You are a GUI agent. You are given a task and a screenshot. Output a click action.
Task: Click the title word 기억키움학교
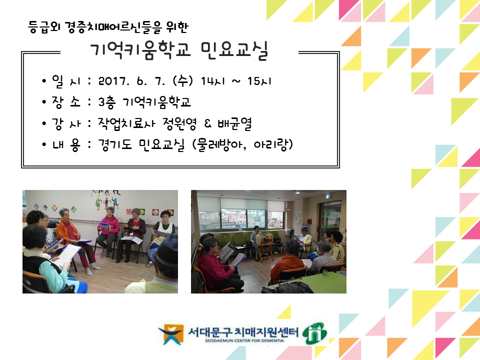click(140, 50)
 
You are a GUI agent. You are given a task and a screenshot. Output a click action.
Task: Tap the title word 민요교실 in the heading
click(234, 50)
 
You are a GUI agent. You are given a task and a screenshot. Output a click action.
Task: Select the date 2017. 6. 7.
click(131, 81)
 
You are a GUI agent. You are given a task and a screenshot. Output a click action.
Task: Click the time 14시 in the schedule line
click(213, 81)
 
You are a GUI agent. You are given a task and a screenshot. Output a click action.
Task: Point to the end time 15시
click(259, 81)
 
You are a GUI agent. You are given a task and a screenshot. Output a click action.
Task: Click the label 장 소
click(66, 102)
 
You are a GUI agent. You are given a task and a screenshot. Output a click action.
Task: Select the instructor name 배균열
click(234, 123)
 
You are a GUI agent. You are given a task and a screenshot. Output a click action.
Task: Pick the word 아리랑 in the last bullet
click(270, 144)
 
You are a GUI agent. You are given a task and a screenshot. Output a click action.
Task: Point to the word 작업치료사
click(126, 123)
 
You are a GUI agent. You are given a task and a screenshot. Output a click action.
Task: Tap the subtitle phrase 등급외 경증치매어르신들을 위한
click(108, 27)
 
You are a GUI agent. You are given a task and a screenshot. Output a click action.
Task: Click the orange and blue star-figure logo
click(170, 334)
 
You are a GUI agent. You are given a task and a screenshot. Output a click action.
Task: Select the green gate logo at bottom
click(314, 333)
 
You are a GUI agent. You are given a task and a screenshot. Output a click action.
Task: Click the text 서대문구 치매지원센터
click(243, 332)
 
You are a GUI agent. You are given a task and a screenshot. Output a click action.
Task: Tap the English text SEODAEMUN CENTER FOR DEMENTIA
click(244, 340)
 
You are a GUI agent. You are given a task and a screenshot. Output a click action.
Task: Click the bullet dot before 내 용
click(44, 144)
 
